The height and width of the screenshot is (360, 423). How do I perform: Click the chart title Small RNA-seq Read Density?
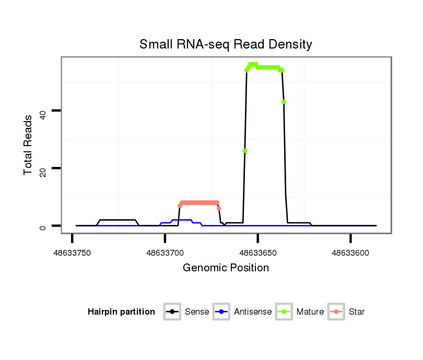pyautogui.click(x=226, y=44)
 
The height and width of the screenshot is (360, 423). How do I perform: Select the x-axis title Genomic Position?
pyautogui.click(x=226, y=268)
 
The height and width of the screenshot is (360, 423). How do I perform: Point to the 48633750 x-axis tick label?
pyautogui.click(x=72, y=253)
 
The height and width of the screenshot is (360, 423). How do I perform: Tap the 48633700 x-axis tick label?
pyautogui.click(x=165, y=253)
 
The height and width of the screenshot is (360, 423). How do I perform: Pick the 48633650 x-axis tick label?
pyautogui.click(x=258, y=253)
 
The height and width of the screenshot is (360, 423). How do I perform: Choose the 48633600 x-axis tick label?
pyautogui.click(x=350, y=253)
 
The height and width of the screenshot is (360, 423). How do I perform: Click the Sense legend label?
pyautogui.click(x=197, y=312)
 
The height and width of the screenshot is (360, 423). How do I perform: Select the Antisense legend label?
pyautogui.click(x=253, y=312)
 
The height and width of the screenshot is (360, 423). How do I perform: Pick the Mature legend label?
pyautogui.click(x=310, y=312)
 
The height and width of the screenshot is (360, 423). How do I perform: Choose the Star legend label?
pyautogui.click(x=357, y=312)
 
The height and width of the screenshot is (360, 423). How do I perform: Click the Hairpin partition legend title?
pyautogui.click(x=121, y=312)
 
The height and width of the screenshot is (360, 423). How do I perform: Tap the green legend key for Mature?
pyautogui.click(x=285, y=312)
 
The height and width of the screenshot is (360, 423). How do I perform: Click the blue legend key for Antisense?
pyautogui.click(x=222, y=312)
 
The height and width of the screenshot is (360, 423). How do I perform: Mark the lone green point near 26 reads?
pyautogui.click(x=244, y=151)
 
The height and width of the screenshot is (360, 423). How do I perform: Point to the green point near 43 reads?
pyautogui.click(x=284, y=102)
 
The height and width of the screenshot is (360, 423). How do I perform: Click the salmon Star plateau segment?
pyautogui.click(x=199, y=202)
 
